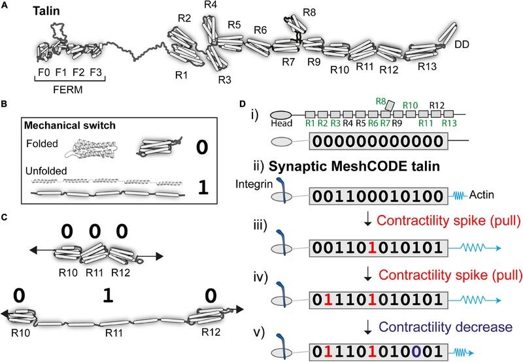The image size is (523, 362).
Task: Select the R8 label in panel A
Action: coord(312,12)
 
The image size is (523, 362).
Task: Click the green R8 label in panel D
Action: coord(382,101)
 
